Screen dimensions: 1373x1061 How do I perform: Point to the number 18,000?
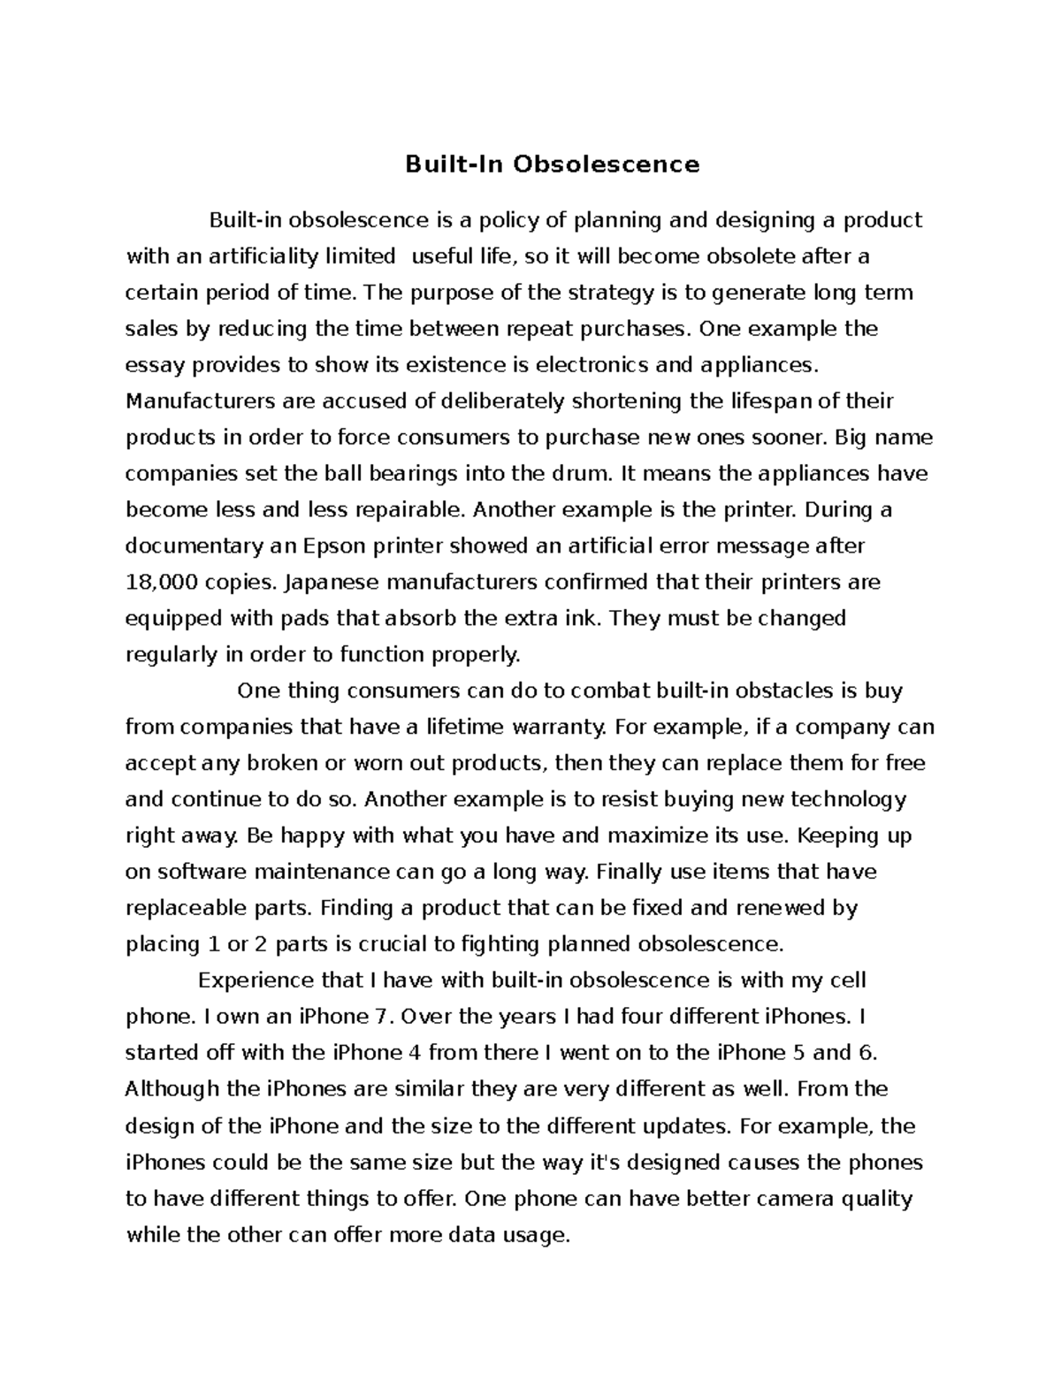[x=159, y=583]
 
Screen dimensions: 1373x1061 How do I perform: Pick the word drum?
[x=581, y=474]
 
